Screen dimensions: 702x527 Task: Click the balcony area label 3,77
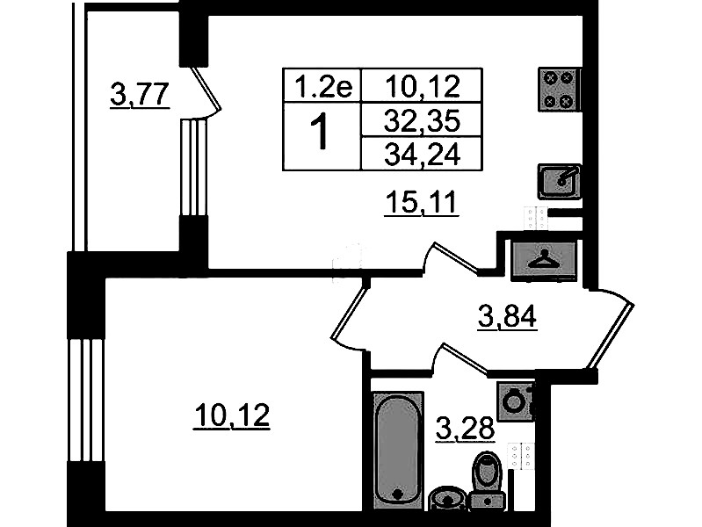(x=140, y=95)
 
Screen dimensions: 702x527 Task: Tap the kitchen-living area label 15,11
(x=422, y=202)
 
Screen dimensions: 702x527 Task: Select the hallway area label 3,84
(x=507, y=317)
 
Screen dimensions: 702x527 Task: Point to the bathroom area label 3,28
(x=465, y=429)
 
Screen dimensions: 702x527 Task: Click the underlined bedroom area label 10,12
(x=231, y=416)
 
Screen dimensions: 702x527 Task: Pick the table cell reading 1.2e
(x=322, y=86)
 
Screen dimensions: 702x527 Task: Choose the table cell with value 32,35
(x=423, y=120)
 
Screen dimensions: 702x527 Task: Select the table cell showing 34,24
(x=423, y=155)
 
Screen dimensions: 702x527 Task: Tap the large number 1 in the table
(x=321, y=132)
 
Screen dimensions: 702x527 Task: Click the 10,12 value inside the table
(x=423, y=86)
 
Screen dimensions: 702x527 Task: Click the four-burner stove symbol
(x=559, y=90)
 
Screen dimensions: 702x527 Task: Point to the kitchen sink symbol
(x=560, y=181)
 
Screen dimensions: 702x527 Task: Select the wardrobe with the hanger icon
(x=544, y=261)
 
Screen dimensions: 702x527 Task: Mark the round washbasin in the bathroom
(x=448, y=499)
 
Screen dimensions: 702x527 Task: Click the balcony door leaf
(x=206, y=89)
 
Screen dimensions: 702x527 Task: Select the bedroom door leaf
(x=349, y=310)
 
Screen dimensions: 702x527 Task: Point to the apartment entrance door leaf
(x=612, y=336)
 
